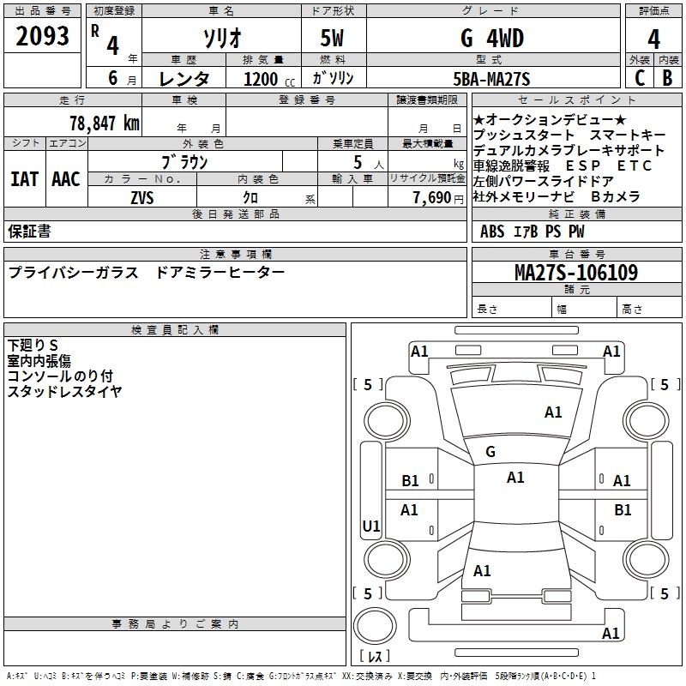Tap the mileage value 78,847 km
point(104,123)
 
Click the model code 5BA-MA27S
point(491,80)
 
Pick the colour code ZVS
point(141,197)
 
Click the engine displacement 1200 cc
point(265,80)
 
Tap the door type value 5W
point(334,38)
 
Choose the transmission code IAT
point(24,178)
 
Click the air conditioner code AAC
point(66,178)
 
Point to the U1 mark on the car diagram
point(371,526)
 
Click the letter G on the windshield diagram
point(490,452)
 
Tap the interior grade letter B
point(667,78)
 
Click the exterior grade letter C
point(639,78)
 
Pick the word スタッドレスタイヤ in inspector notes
point(65,392)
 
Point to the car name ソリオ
point(220,38)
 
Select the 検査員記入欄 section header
point(175,329)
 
